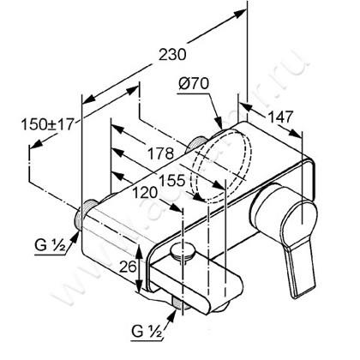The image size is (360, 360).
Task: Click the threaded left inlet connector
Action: (x=87, y=213)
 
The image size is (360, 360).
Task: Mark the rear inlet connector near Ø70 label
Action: (x=200, y=143)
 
